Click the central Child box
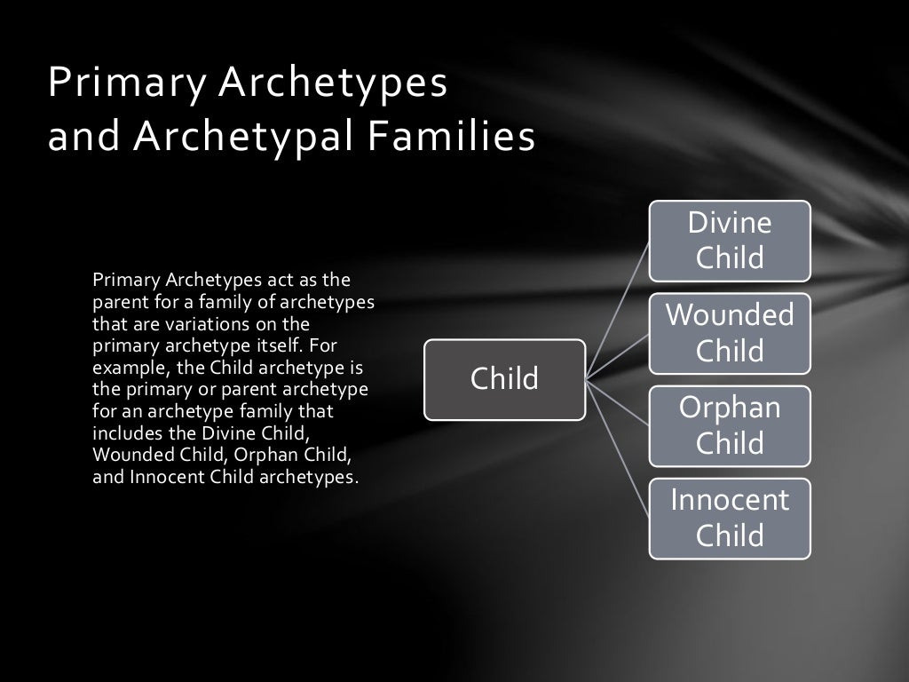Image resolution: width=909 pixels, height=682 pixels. (504, 379)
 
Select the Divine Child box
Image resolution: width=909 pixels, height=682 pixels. (729, 241)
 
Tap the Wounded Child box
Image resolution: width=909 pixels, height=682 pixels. (729, 333)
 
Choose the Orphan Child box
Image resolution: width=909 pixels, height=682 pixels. (729, 425)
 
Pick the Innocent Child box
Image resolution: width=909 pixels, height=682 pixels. (729, 518)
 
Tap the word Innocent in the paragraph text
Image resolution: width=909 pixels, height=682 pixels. (166, 477)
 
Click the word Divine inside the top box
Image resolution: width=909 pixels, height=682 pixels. (730, 223)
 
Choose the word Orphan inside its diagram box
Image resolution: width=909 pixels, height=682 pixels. (730, 408)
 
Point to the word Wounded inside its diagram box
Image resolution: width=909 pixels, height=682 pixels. (730, 314)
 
